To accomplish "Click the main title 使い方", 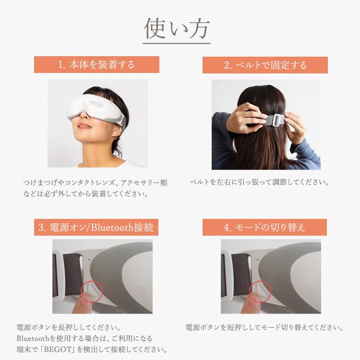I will point(177,28).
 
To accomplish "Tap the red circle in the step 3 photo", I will point(91,292).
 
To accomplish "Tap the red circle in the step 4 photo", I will point(260,292).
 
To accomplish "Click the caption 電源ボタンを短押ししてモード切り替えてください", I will point(264,328).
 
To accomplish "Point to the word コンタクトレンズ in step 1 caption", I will point(90,183).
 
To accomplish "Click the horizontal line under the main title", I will point(177,45).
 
